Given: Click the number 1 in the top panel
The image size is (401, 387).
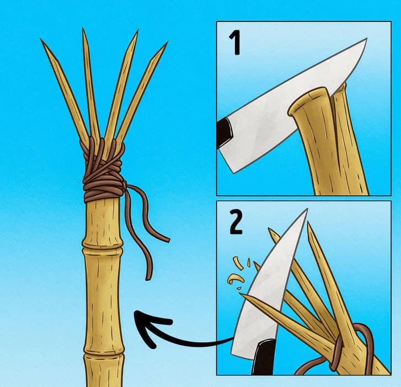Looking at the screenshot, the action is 235,42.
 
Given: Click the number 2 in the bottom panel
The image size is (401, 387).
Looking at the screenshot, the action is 236,222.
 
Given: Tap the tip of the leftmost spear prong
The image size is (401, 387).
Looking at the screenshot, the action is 41,39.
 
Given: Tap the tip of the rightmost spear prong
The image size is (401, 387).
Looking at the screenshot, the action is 167,42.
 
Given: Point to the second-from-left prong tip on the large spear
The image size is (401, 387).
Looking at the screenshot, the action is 83,28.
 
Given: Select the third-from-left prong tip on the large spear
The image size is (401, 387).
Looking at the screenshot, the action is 137,30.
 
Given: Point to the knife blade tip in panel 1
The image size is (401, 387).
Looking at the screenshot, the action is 366,39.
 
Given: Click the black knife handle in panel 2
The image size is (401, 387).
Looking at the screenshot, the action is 264,357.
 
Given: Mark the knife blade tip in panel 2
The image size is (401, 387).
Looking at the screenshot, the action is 306,209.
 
